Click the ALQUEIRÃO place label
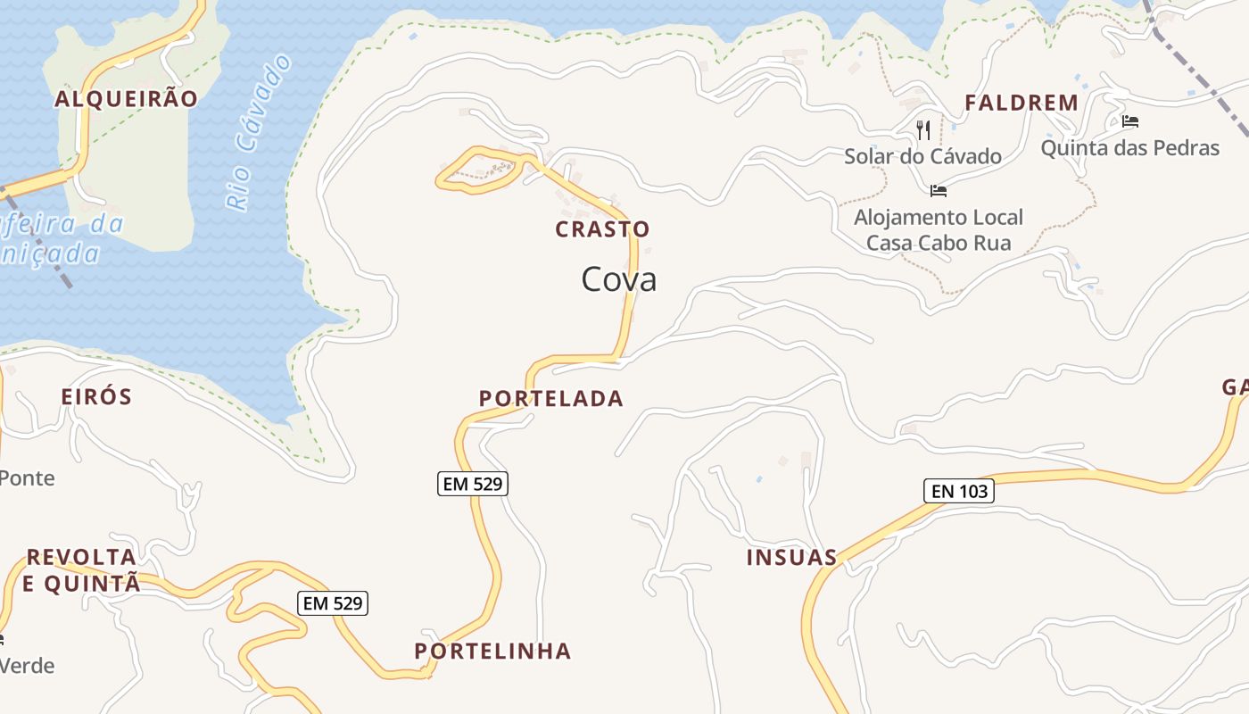pyautogui.click(x=126, y=98)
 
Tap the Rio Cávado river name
pyautogui.click(x=260, y=132)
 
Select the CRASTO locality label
pyautogui.click(x=602, y=229)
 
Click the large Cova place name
pyautogui.click(x=619, y=279)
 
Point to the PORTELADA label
pyautogui.click(x=551, y=398)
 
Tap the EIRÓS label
pyautogui.click(x=96, y=396)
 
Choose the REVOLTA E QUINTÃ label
pyautogui.click(x=81, y=570)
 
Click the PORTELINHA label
pyautogui.click(x=492, y=651)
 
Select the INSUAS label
pyautogui.click(x=791, y=558)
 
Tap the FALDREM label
pyautogui.click(x=1022, y=103)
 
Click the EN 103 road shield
pyautogui.click(x=958, y=490)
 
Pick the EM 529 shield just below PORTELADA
pyautogui.click(x=473, y=484)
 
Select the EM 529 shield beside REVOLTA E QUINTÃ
pyautogui.click(x=332, y=603)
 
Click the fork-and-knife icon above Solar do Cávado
pyautogui.click(x=923, y=130)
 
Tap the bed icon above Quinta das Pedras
pyautogui.click(x=1130, y=121)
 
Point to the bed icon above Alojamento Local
pyautogui.click(x=938, y=190)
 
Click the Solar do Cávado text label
pyautogui.click(x=922, y=157)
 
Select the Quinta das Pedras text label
pyautogui.click(x=1129, y=147)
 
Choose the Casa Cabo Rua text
pyautogui.click(x=939, y=243)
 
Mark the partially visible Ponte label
pyautogui.click(x=27, y=477)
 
